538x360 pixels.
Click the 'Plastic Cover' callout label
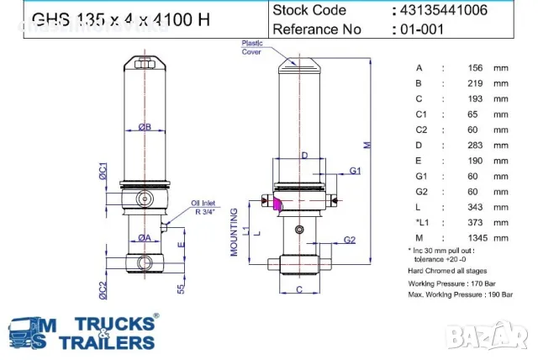(x=251, y=47)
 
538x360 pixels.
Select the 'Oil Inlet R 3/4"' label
(x=206, y=207)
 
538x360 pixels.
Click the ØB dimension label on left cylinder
(x=145, y=128)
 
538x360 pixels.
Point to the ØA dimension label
(x=145, y=238)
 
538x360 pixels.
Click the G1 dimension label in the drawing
(x=355, y=171)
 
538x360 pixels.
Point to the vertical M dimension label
(x=366, y=144)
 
